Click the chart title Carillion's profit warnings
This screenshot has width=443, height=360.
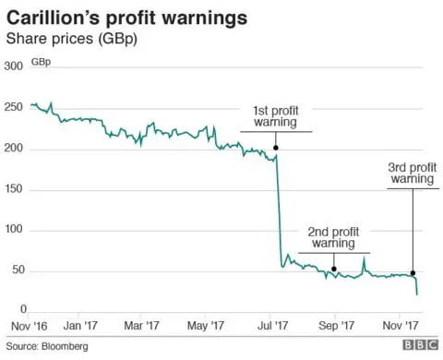(x=128, y=17)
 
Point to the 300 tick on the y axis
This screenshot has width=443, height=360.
(x=14, y=67)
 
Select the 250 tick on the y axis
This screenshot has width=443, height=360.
(x=14, y=108)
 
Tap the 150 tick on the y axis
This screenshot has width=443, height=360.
(x=14, y=189)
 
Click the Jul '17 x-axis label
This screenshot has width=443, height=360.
(x=271, y=325)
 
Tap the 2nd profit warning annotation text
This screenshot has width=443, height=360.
(x=332, y=237)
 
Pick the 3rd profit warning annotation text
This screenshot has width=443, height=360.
(x=412, y=173)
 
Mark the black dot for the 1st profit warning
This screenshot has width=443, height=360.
(x=276, y=148)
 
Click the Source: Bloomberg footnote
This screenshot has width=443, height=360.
(x=46, y=346)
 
